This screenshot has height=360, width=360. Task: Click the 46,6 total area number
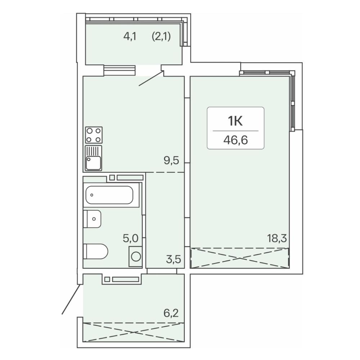[x=235, y=140]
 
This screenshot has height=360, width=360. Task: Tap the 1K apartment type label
[x=235, y=121]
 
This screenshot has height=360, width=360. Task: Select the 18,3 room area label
[x=277, y=238]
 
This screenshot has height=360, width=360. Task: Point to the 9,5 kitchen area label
[x=171, y=161]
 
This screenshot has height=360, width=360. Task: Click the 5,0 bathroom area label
[x=131, y=238]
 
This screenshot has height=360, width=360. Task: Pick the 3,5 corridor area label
[x=174, y=259]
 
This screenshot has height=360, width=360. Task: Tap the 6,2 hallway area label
[x=171, y=313]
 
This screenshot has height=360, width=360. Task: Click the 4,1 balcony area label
[x=130, y=36]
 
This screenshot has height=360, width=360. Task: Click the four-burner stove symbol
[x=94, y=135]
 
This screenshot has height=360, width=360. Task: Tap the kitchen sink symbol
[x=94, y=158]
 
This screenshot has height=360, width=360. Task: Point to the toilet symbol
[x=95, y=251]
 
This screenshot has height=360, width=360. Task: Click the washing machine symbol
[x=135, y=256]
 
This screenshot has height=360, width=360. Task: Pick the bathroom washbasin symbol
[x=92, y=219]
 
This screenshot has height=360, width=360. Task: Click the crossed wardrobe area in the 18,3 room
[x=239, y=258]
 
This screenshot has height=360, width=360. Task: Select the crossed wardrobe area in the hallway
[x=134, y=332]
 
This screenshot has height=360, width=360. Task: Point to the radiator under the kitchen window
[x=120, y=71]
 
